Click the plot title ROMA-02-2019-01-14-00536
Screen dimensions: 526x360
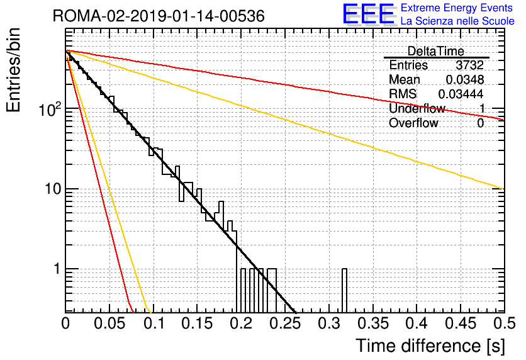pyautogui.click(x=159, y=16)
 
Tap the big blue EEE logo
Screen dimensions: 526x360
pyautogui.click(x=369, y=14)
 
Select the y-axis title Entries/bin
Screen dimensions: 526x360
pyautogui.click(x=14, y=70)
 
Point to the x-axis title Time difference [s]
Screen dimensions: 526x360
pyautogui.click(x=430, y=346)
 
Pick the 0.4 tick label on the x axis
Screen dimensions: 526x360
pyautogui.click(x=417, y=323)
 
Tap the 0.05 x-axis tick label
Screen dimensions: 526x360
pyautogui.click(x=109, y=323)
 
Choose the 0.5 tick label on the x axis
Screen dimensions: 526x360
pyautogui.click(x=504, y=323)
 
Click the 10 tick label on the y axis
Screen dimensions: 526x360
pyautogui.click(x=53, y=189)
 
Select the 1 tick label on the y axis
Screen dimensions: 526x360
pyautogui.click(x=57, y=269)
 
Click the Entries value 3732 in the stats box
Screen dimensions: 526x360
pyautogui.click(x=469, y=65)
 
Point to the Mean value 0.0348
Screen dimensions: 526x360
pyautogui.click(x=465, y=79)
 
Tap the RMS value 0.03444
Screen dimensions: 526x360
pyautogui.click(x=461, y=94)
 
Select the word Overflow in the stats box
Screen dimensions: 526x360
pyautogui.click(x=413, y=123)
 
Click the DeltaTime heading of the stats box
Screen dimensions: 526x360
pyautogui.click(x=436, y=51)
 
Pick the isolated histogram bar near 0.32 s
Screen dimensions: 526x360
pyautogui.click(x=344, y=291)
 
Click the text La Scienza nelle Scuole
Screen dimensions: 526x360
pyautogui.click(x=457, y=21)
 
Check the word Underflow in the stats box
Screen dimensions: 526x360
pyautogui.click(x=417, y=108)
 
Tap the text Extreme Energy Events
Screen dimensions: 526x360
pyautogui.click(x=457, y=8)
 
